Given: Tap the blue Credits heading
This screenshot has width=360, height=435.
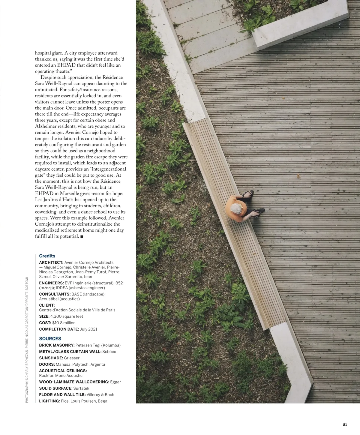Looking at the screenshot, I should point(47,256).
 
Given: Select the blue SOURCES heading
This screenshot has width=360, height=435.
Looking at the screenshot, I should point(50,338).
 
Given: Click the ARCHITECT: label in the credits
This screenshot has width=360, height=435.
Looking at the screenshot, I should point(51,262).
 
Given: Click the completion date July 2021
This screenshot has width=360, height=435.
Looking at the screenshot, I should point(88,329).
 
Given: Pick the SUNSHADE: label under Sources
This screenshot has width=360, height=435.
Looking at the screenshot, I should point(51,358).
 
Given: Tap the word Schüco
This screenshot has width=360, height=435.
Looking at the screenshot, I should point(109,352).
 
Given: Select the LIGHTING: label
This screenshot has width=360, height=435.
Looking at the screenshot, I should point(49,401).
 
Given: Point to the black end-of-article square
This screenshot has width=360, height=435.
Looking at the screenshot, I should point(82,237).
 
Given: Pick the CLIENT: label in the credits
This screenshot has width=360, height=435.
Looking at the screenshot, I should point(47,305).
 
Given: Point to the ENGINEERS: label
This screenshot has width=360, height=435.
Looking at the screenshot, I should point(51,283).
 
